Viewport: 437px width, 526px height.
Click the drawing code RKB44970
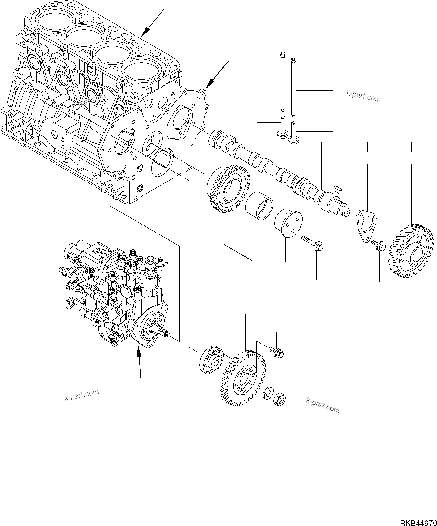pos(418,521)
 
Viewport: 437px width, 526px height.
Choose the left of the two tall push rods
pos(282,82)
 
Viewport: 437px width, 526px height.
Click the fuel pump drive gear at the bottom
pos(243,377)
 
